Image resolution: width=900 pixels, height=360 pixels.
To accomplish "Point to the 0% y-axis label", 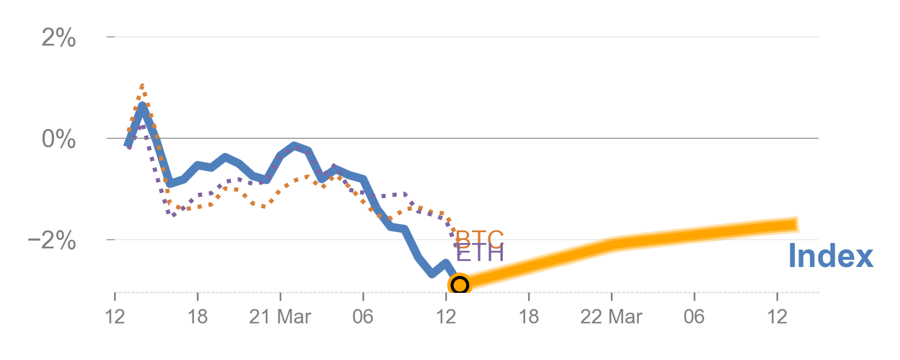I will [x=59, y=139].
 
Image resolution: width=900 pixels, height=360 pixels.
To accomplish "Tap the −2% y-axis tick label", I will [x=53, y=241].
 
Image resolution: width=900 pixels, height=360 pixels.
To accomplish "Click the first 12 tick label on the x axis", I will [x=115, y=317].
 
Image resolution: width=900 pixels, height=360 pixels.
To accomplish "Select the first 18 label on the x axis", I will [x=197, y=317].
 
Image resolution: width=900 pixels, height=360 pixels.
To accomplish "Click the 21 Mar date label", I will [x=280, y=317].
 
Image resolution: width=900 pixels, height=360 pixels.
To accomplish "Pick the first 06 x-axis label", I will [x=363, y=317].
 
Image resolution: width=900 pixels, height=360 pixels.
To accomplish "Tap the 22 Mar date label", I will [x=611, y=317].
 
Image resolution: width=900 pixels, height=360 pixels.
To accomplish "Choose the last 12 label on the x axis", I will [x=777, y=317].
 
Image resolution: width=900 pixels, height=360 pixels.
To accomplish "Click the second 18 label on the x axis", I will [x=529, y=317].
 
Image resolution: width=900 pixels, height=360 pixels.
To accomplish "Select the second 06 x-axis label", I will [x=694, y=317].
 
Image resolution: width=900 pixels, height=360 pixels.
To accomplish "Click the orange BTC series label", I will [x=479, y=239].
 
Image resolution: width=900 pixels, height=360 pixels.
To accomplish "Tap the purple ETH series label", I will [x=479, y=253].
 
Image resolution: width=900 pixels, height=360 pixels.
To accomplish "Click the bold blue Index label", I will [x=830, y=256].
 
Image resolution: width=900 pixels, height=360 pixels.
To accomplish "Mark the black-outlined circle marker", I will [x=459, y=284].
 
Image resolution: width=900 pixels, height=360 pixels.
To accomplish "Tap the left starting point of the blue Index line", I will [x=127, y=145].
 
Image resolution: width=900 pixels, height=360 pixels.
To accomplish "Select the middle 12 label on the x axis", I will [x=446, y=317].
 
